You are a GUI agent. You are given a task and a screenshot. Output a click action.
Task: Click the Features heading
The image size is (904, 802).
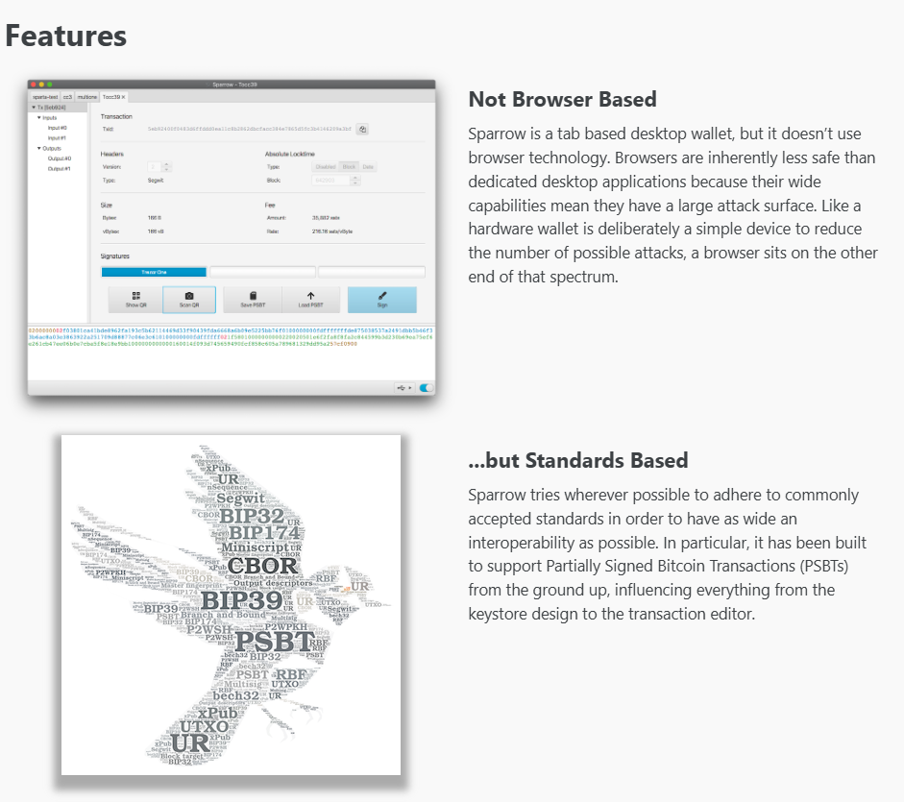(66, 36)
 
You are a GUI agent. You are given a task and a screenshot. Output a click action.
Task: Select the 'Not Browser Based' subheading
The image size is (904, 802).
(562, 99)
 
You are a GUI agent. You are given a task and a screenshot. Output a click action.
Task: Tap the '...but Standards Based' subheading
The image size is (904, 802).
(577, 460)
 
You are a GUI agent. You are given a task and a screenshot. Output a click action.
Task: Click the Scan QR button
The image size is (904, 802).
(189, 299)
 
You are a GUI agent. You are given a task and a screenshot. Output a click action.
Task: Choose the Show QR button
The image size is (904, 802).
(135, 299)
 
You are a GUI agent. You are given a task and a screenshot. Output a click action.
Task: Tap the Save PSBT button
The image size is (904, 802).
(252, 299)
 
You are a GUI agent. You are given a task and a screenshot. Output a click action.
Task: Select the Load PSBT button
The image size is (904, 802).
(310, 299)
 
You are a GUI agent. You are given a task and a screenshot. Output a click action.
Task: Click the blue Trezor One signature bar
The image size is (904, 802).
(154, 272)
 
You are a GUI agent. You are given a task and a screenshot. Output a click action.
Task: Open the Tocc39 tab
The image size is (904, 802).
(112, 97)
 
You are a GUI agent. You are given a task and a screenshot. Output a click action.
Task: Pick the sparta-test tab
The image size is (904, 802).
(45, 97)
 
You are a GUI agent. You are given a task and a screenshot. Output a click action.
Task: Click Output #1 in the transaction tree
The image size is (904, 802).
(60, 169)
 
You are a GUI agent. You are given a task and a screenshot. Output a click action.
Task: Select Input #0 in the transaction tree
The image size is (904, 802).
(58, 127)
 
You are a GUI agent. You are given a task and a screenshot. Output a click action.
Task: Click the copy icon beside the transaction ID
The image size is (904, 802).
(363, 128)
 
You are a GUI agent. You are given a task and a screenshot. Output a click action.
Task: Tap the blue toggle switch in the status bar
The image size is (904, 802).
(426, 388)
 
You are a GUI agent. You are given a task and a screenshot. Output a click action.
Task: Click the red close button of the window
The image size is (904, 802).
(34, 85)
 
